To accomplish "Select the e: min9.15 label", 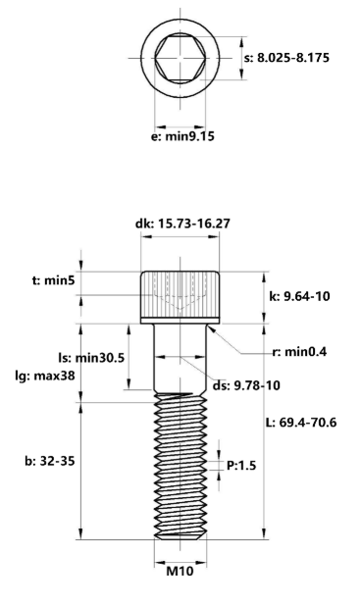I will click(x=181, y=136).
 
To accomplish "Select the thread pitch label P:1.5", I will click(x=242, y=466).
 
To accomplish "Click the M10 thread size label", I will click(x=180, y=572).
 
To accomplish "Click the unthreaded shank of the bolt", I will click(x=180, y=358).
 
